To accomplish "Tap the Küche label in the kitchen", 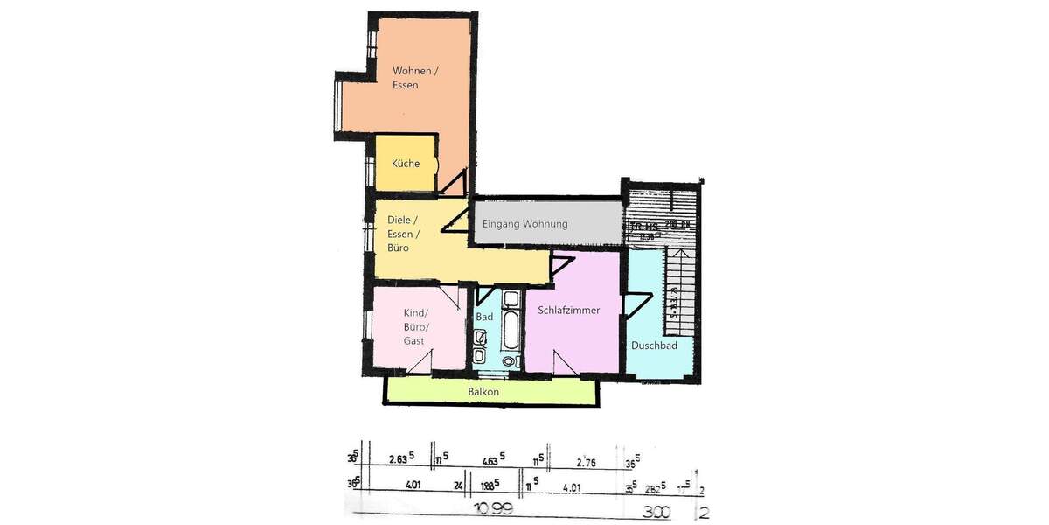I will tap(406, 164).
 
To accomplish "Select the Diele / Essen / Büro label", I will tap(403, 234).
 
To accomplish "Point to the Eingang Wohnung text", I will tap(524, 224).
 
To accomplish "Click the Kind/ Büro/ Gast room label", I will tap(414, 326).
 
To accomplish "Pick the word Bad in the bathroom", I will tap(484, 317).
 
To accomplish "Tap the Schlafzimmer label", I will tap(569, 310).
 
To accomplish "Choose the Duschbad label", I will tap(654, 346).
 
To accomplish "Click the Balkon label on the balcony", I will tap(483, 392).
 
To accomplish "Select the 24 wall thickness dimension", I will tap(457, 481).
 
